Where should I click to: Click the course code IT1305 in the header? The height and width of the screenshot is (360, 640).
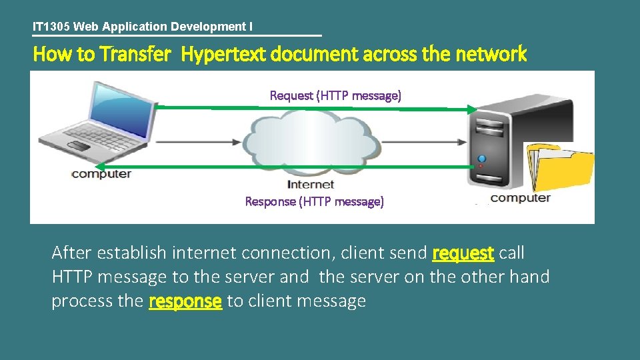point(51,27)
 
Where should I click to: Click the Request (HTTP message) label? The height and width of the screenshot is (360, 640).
point(335,95)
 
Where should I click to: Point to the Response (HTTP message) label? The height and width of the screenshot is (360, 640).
point(314,201)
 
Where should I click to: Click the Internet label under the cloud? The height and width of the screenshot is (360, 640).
point(310,184)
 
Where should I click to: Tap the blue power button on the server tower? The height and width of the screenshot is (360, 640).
point(482,159)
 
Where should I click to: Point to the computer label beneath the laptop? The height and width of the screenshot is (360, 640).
point(101,174)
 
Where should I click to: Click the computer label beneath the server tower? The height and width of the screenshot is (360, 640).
point(521,198)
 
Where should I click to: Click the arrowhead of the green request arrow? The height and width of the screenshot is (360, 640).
point(472,109)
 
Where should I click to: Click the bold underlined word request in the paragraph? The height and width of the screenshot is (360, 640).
point(463,253)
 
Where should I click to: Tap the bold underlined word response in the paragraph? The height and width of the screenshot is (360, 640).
point(185,301)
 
